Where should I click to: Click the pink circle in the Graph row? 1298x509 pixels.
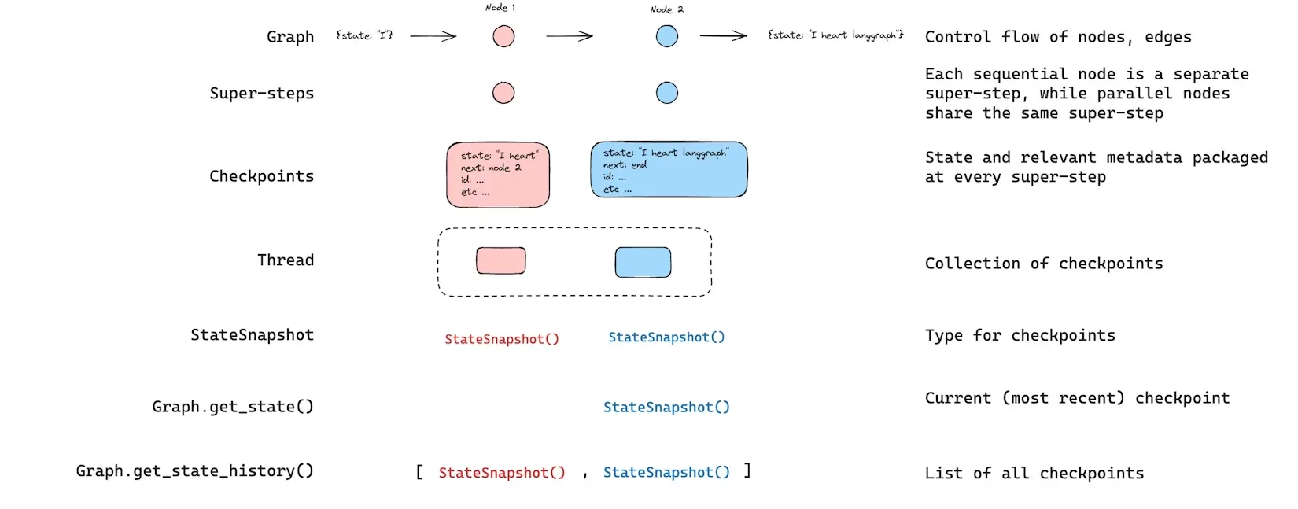(x=503, y=36)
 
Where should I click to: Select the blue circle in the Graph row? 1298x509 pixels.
(x=667, y=36)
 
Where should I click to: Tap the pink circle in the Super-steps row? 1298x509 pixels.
(x=503, y=93)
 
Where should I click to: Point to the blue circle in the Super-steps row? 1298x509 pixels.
(x=667, y=93)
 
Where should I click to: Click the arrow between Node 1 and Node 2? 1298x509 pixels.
(x=570, y=36)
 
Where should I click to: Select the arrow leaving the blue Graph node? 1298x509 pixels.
(x=723, y=36)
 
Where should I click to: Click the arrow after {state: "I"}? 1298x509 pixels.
(x=433, y=36)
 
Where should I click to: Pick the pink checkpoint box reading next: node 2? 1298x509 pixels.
(x=498, y=175)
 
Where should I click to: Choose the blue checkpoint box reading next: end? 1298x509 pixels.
(x=669, y=169)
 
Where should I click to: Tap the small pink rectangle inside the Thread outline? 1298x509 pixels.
(x=501, y=260)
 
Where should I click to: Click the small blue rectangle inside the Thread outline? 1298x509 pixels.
(x=643, y=262)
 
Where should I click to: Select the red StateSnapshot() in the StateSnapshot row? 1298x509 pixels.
(x=502, y=339)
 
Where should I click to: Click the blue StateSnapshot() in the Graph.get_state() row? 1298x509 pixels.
(x=666, y=407)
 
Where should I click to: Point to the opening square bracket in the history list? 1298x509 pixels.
(x=419, y=472)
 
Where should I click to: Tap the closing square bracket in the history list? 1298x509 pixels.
(x=747, y=470)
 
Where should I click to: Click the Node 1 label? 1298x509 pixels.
(x=500, y=8)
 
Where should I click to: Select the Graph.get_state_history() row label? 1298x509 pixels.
(x=195, y=470)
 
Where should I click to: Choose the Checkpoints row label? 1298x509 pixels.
(x=261, y=175)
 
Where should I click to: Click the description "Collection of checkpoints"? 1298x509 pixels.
(x=1044, y=264)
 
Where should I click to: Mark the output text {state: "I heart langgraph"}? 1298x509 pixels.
(x=835, y=35)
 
